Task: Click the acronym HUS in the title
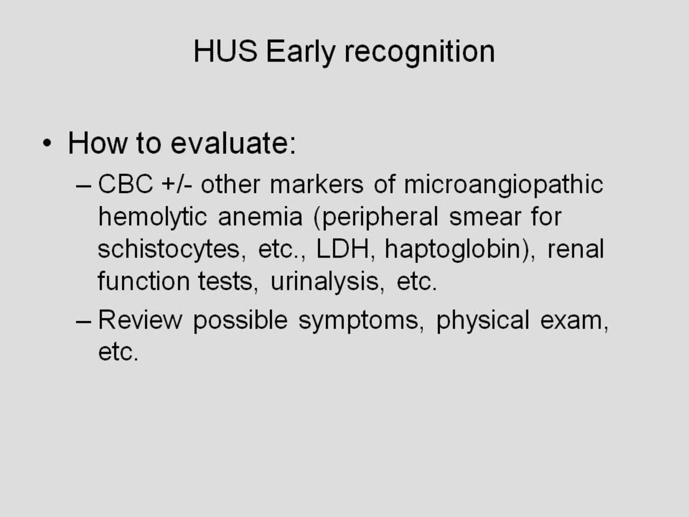(x=225, y=51)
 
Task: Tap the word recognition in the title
(x=420, y=52)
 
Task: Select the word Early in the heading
(x=301, y=52)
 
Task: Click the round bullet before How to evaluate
(x=47, y=143)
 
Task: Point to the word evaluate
(x=233, y=143)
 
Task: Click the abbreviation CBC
(x=125, y=184)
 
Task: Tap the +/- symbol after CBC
(x=176, y=184)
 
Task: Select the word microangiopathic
(x=503, y=186)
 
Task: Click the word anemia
(x=260, y=217)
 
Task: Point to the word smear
(x=484, y=217)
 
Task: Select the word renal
(x=576, y=249)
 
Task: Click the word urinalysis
(x=326, y=282)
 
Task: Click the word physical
(x=483, y=322)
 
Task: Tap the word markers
(x=316, y=184)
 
